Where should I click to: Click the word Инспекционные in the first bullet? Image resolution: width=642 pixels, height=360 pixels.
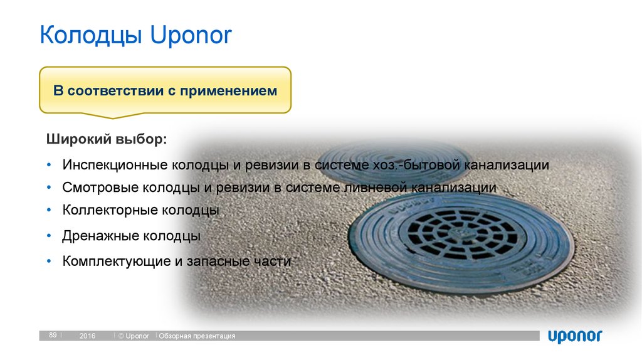(107, 166)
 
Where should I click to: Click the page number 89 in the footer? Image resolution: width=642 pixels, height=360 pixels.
(53, 336)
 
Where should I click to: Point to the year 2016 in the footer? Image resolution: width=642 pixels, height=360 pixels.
(87, 336)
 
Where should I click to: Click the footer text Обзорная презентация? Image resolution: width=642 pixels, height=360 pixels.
(197, 336)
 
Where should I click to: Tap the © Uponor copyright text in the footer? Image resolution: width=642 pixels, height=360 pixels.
(134, 336)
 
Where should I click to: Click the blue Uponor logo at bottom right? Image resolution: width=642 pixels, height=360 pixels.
(575, 336)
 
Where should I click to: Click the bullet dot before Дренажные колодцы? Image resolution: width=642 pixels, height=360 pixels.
(49, 236)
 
